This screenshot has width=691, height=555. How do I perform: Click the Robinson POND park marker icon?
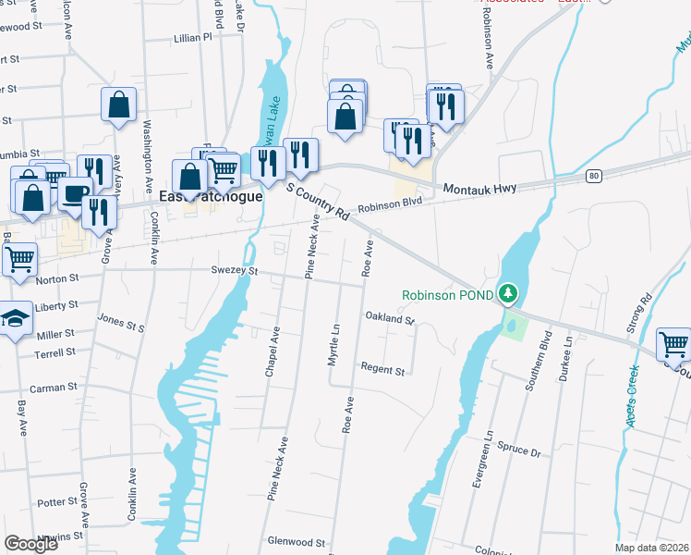[506, 294]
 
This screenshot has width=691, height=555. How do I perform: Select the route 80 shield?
[593, 175]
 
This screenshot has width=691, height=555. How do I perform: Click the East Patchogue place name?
[211, 197]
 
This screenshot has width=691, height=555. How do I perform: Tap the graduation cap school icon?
[15, 318]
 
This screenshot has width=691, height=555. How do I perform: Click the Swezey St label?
[237, 272]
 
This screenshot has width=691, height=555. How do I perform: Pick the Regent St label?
[382, 370]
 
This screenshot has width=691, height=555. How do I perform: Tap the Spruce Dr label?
[522, 454]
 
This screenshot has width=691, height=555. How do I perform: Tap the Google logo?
[31, 544]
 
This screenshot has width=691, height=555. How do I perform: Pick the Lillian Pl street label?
[192, 39]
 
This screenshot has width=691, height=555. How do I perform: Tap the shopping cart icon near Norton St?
[19, 258]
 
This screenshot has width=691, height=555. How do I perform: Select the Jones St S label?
[122, 323]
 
